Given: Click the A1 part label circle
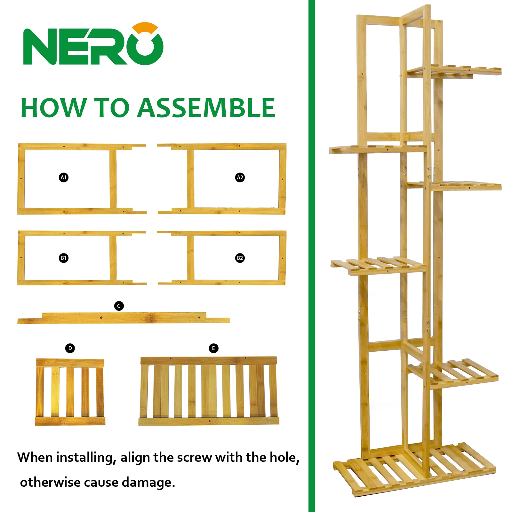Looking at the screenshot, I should tap(64, 177).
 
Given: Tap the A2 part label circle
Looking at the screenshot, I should tap(240, 177).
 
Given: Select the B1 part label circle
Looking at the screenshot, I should tap(64, 258).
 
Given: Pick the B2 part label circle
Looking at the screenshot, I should tap(240, 258).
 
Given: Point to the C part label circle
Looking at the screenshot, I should tap(119, 306).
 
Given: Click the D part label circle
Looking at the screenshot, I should tap(70, 348).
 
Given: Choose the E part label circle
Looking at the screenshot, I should tap(213, 348).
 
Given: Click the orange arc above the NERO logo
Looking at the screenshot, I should tap(146, 27).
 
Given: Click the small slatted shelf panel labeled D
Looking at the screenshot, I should tap(70, 392).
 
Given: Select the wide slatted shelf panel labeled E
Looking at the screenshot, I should tap(209, 391).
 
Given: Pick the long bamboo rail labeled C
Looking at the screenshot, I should tap(124, 318).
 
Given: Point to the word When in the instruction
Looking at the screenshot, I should tap(35, 457).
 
